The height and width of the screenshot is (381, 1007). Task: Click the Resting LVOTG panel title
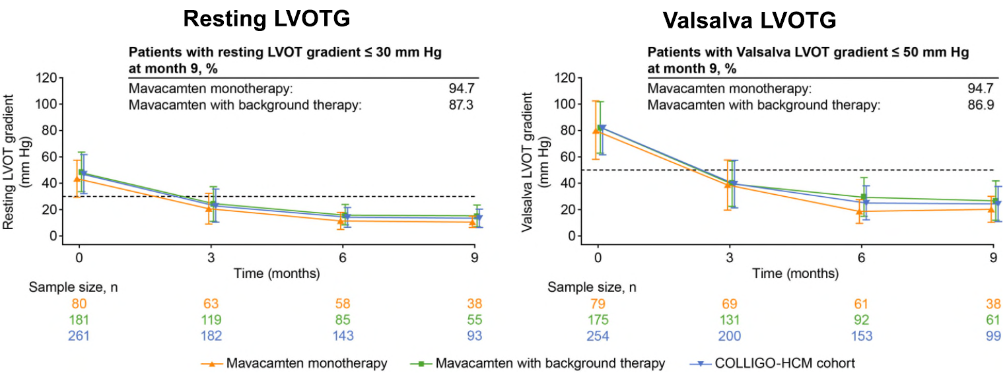click(266, 19)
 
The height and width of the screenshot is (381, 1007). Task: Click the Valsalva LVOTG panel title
click(750, 22)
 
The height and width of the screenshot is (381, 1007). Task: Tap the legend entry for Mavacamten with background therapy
click(550, 363)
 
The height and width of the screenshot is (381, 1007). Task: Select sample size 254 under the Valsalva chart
click(598, 336)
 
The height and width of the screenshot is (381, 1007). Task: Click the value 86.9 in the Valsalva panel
click(981, 105)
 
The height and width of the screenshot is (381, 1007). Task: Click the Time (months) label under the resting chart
click(277, 273)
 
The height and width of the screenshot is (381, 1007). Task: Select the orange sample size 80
click(79, 304)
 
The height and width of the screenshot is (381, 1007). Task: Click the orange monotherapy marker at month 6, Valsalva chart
click(859, 211)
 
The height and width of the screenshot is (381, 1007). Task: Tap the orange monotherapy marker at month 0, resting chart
click(77, 178)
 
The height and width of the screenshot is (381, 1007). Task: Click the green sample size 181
click(79, 320)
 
